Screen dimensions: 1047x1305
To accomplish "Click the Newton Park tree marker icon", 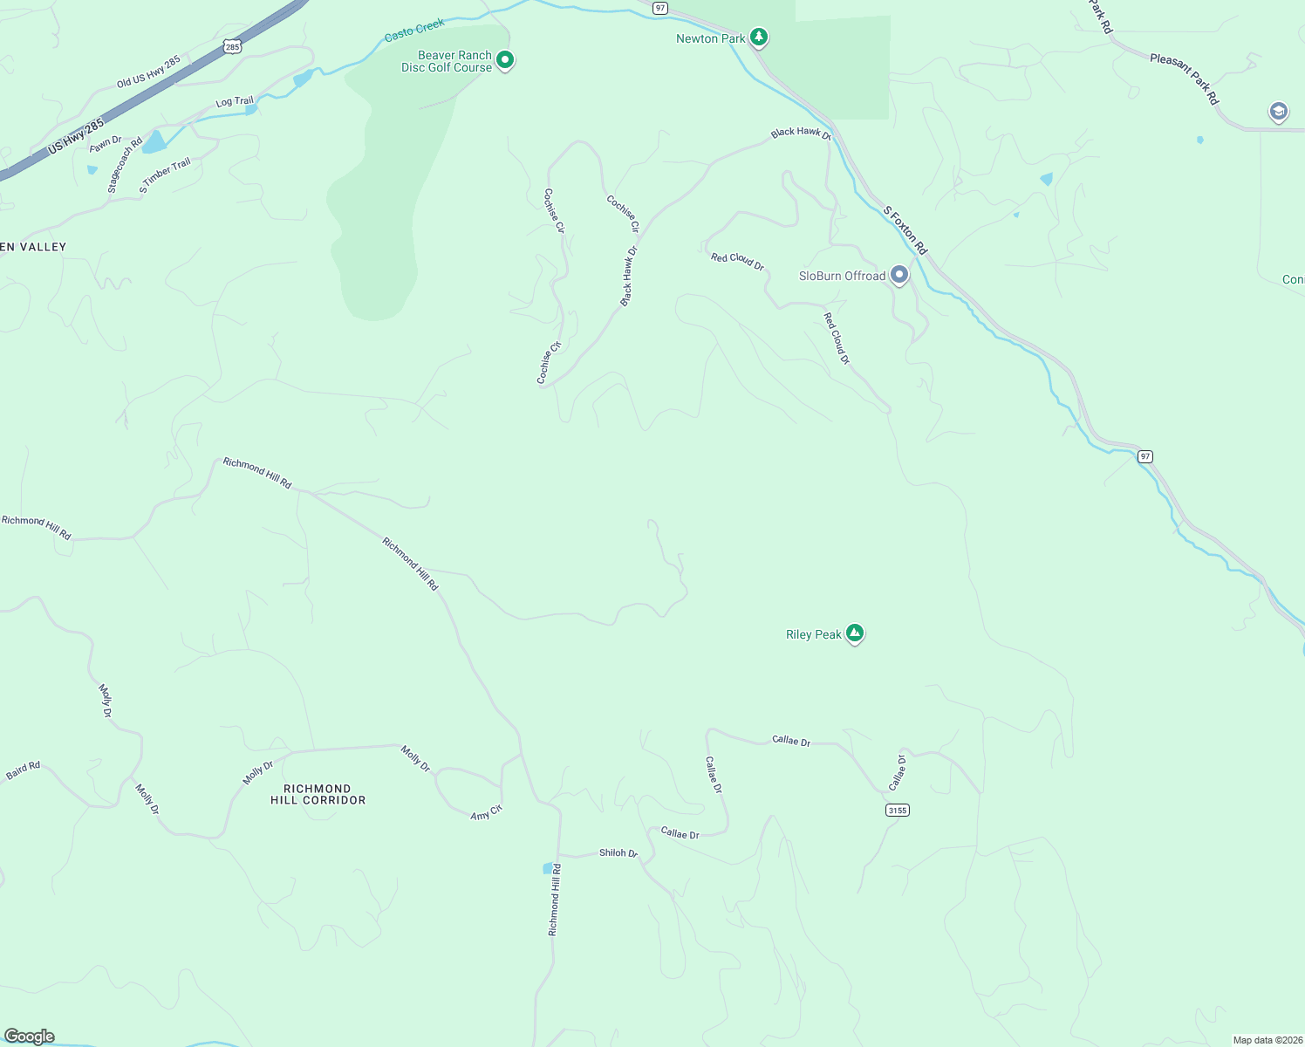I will point(760,37).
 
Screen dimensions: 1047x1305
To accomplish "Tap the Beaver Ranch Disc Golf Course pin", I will point(504,60).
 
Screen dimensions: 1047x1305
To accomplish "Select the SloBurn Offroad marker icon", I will point(899,276).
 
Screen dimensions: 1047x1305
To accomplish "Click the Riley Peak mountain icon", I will point(855,633).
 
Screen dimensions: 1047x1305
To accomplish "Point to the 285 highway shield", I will point(231,47).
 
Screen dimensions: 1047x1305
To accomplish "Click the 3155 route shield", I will point(897,811).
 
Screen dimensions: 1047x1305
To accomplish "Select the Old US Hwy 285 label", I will point(148,72).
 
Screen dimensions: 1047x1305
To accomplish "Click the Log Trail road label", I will point(235,102).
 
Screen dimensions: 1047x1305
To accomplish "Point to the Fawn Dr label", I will point(106,142).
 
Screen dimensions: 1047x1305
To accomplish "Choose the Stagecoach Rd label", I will point(125,165).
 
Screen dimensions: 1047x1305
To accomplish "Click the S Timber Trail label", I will point(165,176).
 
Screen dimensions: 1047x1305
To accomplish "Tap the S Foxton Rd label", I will point(905,230).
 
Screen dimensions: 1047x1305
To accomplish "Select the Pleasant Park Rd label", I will point(1184,79).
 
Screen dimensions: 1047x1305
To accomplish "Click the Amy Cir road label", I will point(486,812).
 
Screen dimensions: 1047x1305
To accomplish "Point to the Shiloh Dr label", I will point(618,853).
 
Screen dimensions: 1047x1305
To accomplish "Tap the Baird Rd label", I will point(23,770).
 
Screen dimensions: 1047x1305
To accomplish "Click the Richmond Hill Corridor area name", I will point(318,794).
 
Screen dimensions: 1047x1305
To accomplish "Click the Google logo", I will point(29,1037).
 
